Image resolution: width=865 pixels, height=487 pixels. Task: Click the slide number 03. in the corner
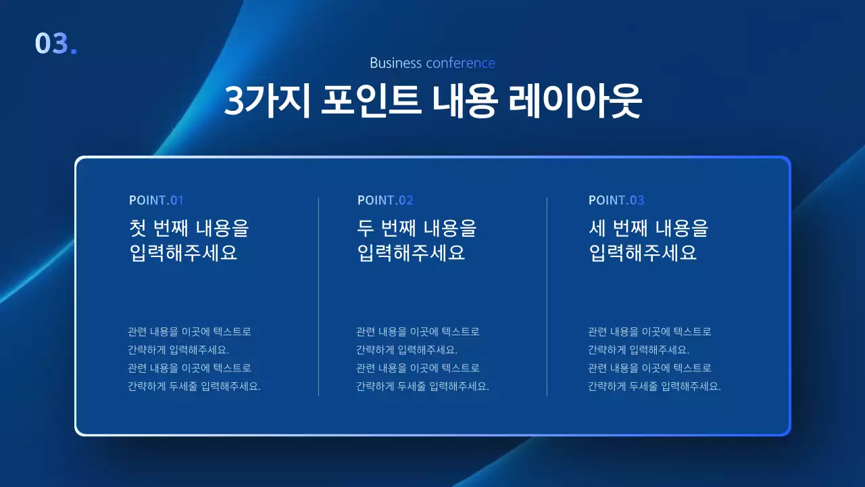click(55, 43)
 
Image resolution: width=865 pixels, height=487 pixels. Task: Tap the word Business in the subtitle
click(396, 63)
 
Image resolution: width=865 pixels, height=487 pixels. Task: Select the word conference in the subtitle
click(461, 63)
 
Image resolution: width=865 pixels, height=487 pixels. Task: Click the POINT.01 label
click(156, 200)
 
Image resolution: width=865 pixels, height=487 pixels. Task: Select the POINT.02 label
click(385, 200)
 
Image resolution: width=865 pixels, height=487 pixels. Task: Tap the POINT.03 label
click(616, 200)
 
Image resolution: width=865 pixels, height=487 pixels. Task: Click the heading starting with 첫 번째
click(189, 240)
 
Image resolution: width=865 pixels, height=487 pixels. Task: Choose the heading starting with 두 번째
click(416, 240)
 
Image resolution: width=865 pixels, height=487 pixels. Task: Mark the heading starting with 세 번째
click(648, 240)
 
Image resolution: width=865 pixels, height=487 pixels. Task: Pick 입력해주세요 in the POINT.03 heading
click(643, 253)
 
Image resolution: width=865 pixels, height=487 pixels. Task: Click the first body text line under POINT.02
click(418, 332)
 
